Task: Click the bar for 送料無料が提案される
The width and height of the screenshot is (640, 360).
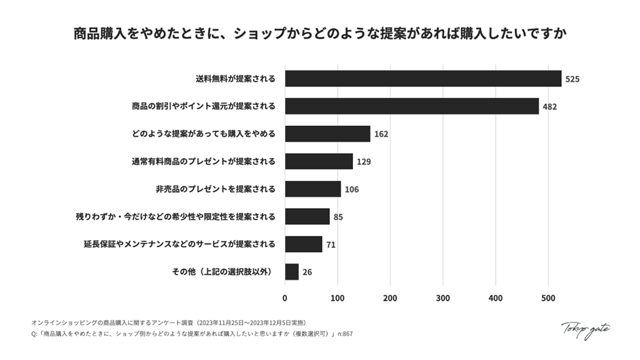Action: (423, 78)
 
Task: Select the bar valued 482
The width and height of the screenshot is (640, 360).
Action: (411, 106)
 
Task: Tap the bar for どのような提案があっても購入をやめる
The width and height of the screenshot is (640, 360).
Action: (327, 133)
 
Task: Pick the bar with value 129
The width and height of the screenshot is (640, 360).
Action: (318, 161)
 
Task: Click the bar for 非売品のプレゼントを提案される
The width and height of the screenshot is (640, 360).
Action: (313, 189)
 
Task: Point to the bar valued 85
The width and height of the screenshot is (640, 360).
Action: (307, 216)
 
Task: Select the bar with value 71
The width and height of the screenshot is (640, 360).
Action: (303, 244)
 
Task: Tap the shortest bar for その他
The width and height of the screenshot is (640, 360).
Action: (292, 272)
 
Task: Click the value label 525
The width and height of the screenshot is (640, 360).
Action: (572, 79)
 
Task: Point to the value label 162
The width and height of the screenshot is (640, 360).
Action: (381, 134)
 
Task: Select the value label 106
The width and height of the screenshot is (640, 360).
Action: (351, 189)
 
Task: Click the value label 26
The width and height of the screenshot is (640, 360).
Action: (307, 272)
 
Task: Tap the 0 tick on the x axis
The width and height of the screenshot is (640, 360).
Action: (285, 297)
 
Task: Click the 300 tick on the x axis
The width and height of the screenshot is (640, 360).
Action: (443, 297)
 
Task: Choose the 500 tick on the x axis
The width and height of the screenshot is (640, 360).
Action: (548, 297)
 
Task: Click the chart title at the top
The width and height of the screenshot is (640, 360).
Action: (320, 33)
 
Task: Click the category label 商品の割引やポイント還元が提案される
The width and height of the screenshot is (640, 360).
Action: (203, 106)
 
